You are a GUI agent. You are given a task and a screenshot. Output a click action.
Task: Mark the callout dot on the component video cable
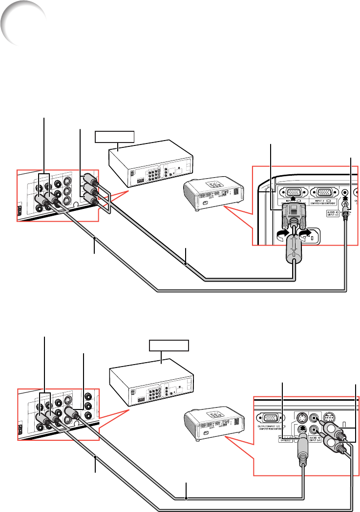click(x=186, y=263)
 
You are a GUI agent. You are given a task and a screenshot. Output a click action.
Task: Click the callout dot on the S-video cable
click(x=187, y=498)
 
